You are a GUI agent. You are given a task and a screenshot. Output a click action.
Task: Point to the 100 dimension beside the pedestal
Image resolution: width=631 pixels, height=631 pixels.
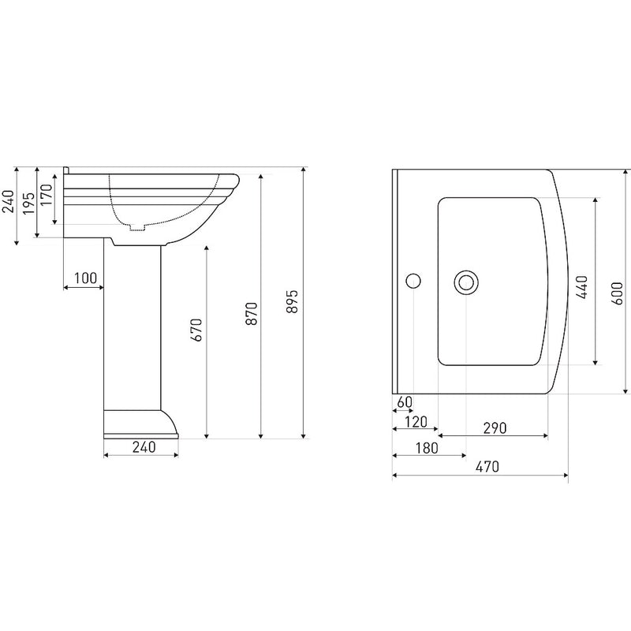tap(84, 278)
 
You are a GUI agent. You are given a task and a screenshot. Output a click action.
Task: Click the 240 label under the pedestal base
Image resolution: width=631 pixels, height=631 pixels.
tap(143, 446)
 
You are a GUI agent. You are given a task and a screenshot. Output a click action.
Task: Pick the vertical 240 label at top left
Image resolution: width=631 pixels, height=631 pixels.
tap(9, 203)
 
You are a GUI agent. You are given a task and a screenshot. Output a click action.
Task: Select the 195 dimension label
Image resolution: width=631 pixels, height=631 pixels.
tap(28, 203)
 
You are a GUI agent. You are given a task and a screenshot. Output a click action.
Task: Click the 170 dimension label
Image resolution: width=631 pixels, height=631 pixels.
tap(47, 194)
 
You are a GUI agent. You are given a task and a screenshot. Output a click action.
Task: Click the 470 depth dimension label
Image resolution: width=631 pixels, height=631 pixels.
tap(487, 467)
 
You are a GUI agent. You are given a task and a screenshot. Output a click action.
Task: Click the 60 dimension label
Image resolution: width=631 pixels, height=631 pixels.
tap(404, 402)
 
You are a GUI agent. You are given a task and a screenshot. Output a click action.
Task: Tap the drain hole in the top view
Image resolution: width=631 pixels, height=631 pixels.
tap(466, 282)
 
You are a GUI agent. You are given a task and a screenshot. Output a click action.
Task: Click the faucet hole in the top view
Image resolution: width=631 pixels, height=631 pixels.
tap(413, 281)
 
